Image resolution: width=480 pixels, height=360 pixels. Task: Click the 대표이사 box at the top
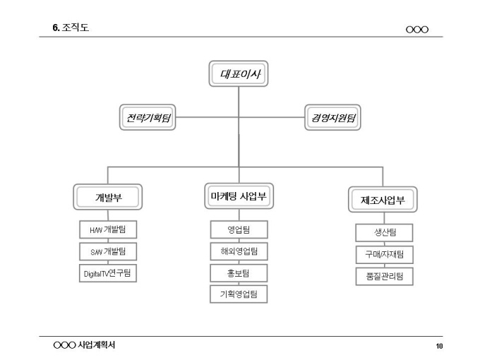coord(239,73)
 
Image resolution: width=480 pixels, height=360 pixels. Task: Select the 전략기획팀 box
coord(148,117)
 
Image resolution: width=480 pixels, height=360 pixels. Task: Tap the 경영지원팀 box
coord(332,117)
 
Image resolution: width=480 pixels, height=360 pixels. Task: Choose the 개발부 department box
coord(108,197)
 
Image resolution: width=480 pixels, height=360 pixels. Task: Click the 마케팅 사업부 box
coord(239,196)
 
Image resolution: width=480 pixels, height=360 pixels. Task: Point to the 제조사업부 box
coord(383,200)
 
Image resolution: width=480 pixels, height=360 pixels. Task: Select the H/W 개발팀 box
coord(108,229)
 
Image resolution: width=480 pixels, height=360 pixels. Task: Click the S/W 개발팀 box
coord(108,251)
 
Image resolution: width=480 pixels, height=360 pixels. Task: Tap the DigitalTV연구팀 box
coord(108,273)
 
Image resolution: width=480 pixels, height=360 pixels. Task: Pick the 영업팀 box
coord(239,229)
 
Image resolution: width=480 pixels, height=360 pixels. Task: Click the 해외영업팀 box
coord(239,251)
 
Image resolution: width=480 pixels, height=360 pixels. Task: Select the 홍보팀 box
coord(239,273)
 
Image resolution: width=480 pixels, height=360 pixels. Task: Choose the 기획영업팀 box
coord(239,294)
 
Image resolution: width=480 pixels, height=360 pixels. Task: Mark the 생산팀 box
coord(384,232)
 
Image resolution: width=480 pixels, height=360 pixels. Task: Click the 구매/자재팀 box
coord(385,254)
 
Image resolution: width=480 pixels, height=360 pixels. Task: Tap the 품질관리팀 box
coord(385,277)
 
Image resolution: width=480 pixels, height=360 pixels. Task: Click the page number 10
coord(439,346)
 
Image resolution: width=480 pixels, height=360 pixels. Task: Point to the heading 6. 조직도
coord(71,28)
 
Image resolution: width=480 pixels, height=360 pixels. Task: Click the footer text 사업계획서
coord(97,345)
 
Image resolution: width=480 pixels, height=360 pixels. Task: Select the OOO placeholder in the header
coord(417,30)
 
